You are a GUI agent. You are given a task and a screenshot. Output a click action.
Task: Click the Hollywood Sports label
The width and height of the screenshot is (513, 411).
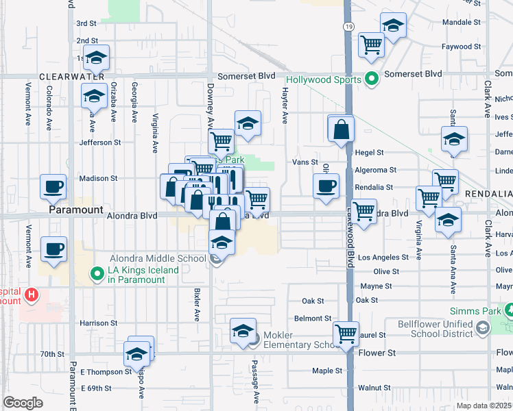coord(323,79)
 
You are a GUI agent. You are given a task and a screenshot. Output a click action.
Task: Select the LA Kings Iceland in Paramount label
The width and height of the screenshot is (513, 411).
coord(143,275)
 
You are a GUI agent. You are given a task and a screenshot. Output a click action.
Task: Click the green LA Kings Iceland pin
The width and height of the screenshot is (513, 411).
coord(98,275)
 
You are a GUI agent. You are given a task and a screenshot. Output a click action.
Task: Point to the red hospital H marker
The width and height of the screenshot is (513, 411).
coord(31,295)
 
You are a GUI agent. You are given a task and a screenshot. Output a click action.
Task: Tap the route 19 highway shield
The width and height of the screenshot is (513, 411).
coord(348,25)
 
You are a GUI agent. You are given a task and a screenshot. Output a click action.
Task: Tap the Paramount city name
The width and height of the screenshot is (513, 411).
coord(75,211)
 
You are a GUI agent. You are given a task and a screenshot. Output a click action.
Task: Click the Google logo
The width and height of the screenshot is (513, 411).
coord(23,403)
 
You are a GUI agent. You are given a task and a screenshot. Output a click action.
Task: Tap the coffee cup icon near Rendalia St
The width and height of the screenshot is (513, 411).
coord(326,186)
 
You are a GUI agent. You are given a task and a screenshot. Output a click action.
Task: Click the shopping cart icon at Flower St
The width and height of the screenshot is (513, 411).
coord(346,334)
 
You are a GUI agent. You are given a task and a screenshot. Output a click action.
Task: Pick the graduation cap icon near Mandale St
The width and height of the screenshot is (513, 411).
coord(392,27)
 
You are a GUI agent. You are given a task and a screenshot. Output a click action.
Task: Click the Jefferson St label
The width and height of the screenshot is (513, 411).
coord(99,142)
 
